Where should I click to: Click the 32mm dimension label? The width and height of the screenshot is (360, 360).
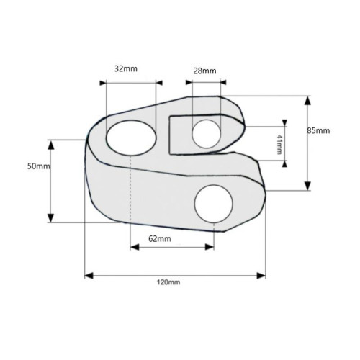[x=126, y=69]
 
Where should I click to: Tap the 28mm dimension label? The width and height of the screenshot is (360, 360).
[x=204, y=71]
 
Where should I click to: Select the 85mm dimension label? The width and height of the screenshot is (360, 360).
[x=318, y=130]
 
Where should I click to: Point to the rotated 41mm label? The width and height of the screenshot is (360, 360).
[x=279, y=145]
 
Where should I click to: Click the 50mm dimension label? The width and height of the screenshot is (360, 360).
[x=39, y=166]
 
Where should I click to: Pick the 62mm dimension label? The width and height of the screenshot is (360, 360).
[x=160, y=239]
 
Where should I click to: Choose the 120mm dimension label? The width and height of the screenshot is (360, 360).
[x=168, y=282]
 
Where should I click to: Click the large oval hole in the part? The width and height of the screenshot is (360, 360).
[x=131, y=138]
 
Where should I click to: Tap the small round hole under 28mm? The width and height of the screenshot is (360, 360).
[x=207, y=134]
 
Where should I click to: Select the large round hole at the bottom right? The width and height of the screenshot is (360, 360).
[x=214, y=204]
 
